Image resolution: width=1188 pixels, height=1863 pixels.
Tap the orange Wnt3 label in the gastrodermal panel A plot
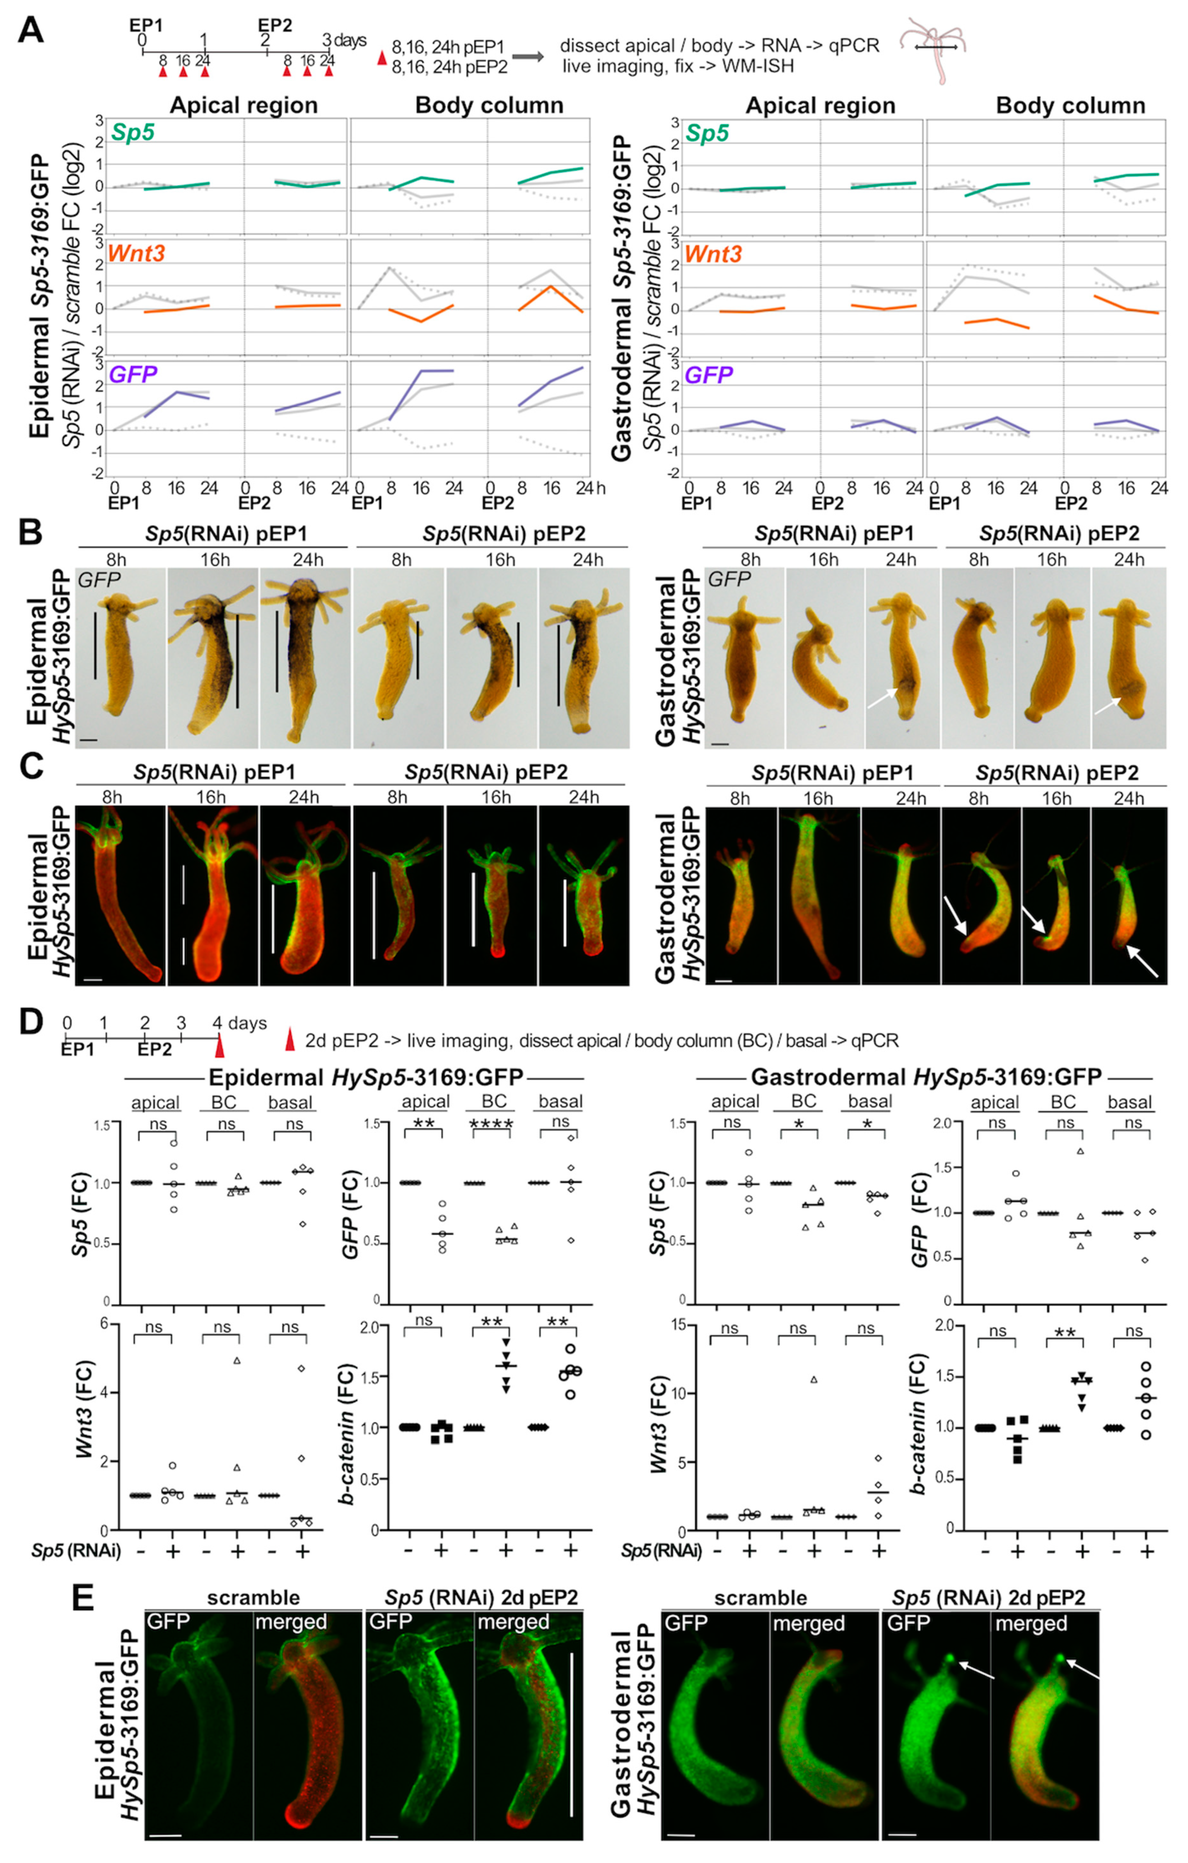pyautogui.click(x=713, y=254)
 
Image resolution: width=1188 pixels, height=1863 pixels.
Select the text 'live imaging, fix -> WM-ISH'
pyautogui.click(x=677, y=66)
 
